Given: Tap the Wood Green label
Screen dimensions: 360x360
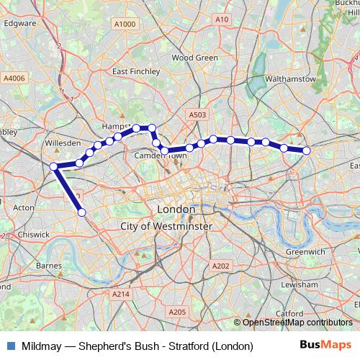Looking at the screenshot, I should [x=195, y=58].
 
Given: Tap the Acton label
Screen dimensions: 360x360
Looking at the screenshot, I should [x=24, y=207].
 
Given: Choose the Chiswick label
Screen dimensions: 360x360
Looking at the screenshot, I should [x=34, y=234].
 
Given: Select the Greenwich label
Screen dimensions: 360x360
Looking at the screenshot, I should [x=305, y=252].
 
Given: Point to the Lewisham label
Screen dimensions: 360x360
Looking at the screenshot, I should [x=294, y=284].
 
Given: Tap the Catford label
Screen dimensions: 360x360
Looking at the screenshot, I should [x=289, y=314].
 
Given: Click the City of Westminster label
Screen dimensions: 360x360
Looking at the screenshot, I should [x=166, y=226].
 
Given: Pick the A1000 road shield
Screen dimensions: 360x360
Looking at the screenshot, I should [x=125, y=24].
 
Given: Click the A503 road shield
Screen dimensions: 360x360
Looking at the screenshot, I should [x=198, y=114].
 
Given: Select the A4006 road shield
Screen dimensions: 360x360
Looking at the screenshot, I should [x=13, y=78].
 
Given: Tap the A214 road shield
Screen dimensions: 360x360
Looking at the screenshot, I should [x=120, y=294].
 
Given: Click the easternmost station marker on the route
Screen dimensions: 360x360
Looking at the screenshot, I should [x=307, y=150].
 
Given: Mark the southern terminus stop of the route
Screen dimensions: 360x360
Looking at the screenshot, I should [x=82, y=212].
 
